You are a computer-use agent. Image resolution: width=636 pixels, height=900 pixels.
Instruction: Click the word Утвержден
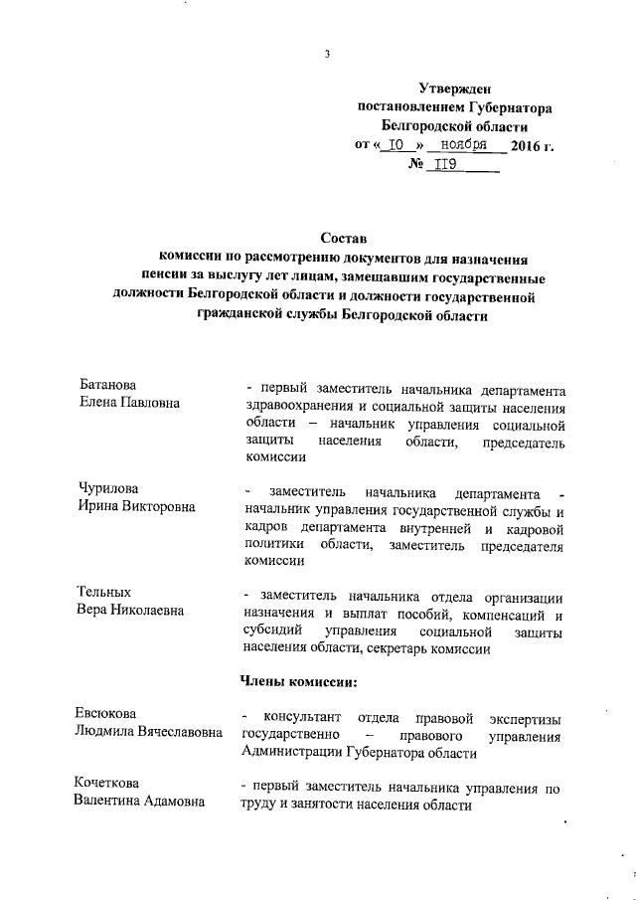(453, 89)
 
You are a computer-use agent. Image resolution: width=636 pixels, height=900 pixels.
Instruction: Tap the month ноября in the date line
(463, 145)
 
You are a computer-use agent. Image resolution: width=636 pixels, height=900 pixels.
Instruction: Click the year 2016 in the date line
(525, 146)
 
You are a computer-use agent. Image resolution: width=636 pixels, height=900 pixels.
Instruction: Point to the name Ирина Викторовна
(136, 506)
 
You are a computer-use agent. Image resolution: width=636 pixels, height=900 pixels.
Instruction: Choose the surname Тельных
(104, 592)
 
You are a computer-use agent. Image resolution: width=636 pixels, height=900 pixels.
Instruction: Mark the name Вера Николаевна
(130, 610)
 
